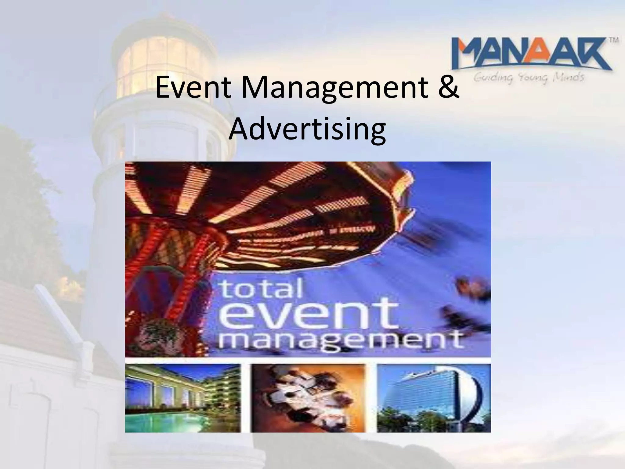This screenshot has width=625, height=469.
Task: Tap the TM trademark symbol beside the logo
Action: [x=614, y=40]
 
